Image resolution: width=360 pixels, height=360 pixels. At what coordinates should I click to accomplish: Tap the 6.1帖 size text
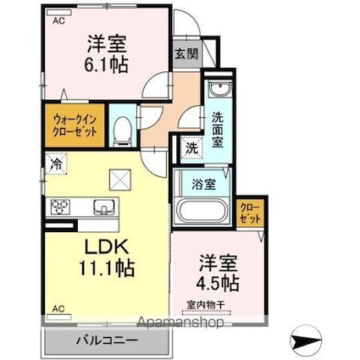click(x=106, y=64)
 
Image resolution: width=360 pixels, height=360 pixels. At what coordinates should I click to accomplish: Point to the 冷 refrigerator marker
click(x=55, y=163)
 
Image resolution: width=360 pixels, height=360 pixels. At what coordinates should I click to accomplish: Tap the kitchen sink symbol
click(x=102, y=206)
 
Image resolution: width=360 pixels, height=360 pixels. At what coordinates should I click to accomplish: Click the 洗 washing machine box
click(x=191, y=147)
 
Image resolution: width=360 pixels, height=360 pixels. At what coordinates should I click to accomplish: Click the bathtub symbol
click(x=200, y=211)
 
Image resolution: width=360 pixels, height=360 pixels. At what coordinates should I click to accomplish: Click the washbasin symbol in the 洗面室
click(x=217, y=90)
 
